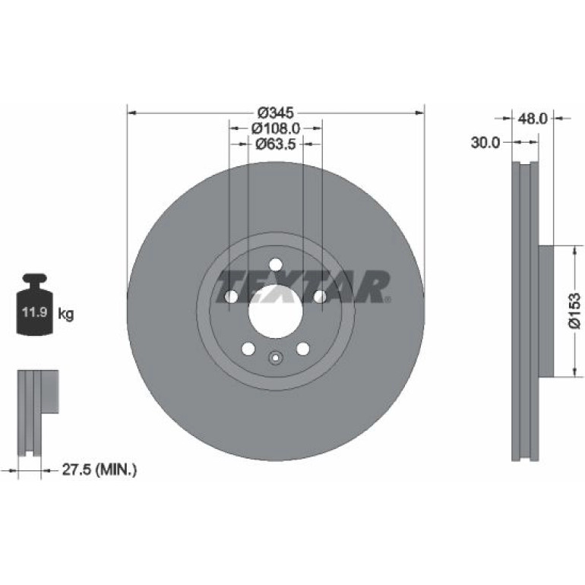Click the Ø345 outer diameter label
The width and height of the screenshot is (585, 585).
tap(276, 112)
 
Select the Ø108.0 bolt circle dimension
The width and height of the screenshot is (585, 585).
tap(275, 128)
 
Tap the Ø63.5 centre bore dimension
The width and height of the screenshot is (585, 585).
tap(275, 144)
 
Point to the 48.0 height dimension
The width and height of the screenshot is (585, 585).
tap(533, 119)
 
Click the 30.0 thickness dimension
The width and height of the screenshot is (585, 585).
tap(485, 142)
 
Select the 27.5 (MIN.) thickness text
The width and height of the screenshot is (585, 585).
tap(100, 470)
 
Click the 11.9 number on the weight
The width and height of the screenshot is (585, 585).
tap(34, 311)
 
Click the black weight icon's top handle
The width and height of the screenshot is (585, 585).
tap(35, 279)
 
